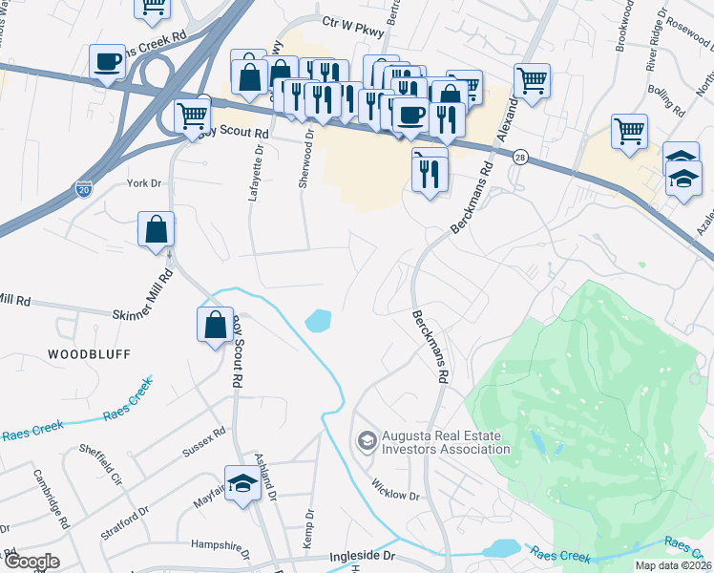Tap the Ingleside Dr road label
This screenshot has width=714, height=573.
[362, 555]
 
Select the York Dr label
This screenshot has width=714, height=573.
[145, 182]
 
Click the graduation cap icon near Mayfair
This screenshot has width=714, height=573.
[242, 484]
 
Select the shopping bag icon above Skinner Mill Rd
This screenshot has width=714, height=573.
[156, 230]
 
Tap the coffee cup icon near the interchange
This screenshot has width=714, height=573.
[106, 63]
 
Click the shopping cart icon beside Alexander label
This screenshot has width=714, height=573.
[532, 80]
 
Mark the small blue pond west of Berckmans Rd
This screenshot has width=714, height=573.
[318, 321]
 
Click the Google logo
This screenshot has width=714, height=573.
[31, 562]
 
